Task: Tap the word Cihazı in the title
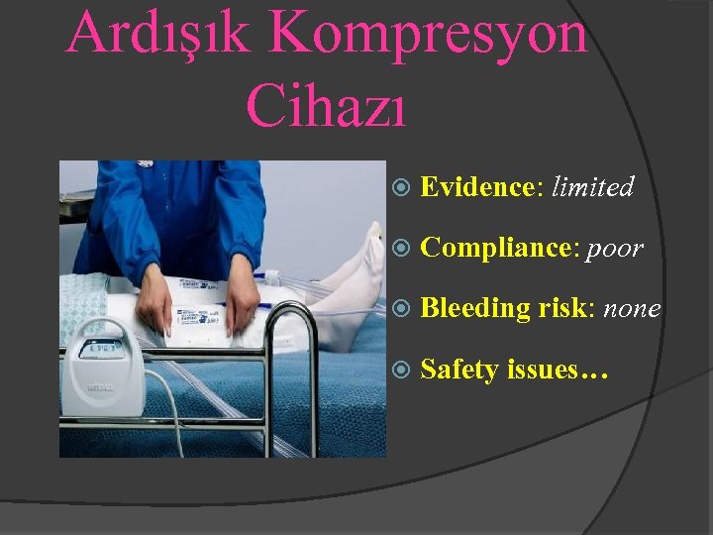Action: click(326, 103)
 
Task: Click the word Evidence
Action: click(476, 186)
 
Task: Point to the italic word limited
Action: click(593, 186)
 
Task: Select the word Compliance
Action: click(497, 248)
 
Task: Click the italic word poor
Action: click(615, 248)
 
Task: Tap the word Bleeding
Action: click(476, 308)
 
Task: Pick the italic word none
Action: click(631, 308)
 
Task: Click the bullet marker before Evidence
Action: click(401, 186)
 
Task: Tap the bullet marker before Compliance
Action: click(401, 248)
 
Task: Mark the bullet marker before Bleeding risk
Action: click(401, 308)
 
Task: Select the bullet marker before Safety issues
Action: click(401, 370)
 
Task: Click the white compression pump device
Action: click(104, 376)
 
